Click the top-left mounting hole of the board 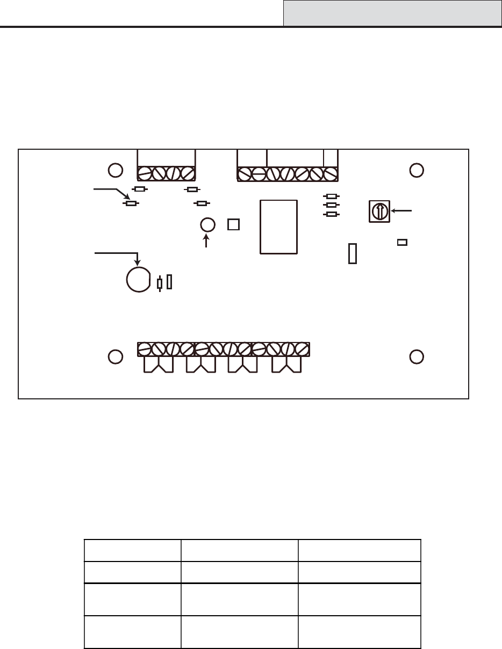coord(114,170)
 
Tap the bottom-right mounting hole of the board coord(417,356)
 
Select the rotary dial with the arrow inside coord(379,211)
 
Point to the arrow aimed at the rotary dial coord(402,211)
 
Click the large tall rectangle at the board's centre coord(278,227)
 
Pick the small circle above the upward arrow coord(208,225)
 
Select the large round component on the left coord(138,280)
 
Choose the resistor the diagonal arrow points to coord(130,203)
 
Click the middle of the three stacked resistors coord(332,205)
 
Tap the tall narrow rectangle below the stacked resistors coord(353,253)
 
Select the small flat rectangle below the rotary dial coord(401,242)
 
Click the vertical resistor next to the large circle coord(160,283)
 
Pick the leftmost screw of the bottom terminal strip coord(145,349)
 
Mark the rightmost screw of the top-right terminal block coord(331,174)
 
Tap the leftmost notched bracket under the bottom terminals coord(159,365)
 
